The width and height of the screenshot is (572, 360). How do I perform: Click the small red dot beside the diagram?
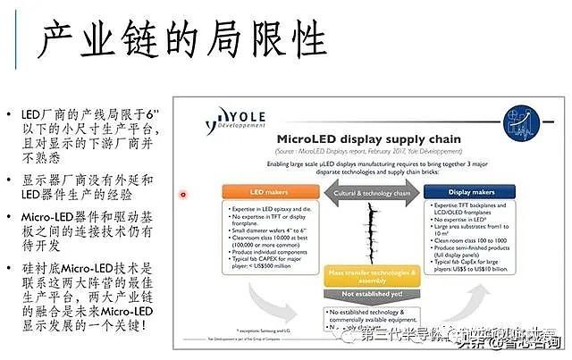click(183, 194)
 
